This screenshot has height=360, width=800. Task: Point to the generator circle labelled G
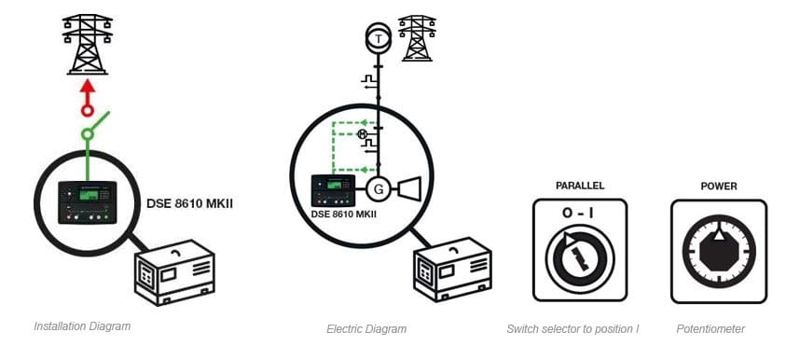click(x=378, y=190)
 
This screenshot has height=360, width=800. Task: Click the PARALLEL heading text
click(x=579, y=186)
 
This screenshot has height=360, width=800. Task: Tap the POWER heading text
click(x=718, y=186)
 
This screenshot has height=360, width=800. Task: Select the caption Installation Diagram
click(x=82, y=326)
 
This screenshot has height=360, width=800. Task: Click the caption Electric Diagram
click(x=366, y=328)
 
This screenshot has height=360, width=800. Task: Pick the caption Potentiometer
click(x=710, y=328)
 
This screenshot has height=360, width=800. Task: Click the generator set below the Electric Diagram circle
click(x=451, y=271)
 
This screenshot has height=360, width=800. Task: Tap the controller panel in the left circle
click(x=88, y=201)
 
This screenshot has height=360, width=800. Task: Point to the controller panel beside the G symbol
click(x=333, y=190)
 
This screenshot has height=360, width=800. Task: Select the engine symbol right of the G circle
click(x=409, y=189)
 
